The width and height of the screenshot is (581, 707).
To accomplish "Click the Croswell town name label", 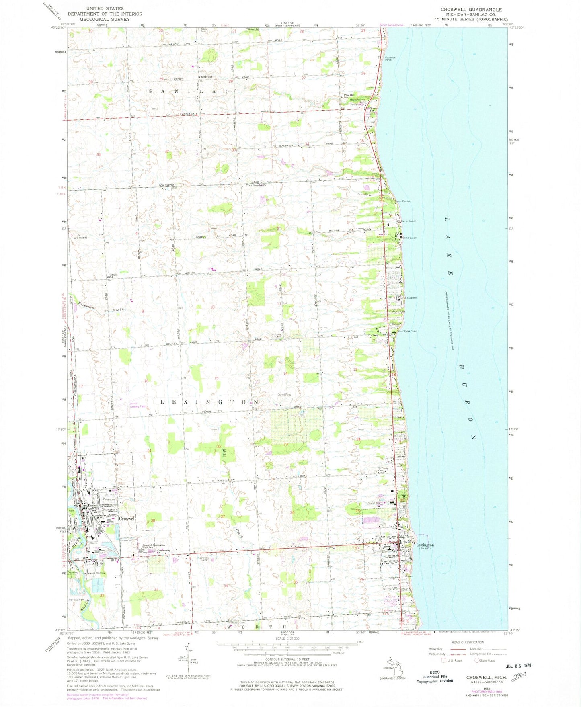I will point(127,518).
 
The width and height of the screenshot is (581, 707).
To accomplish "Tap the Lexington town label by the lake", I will point(425,545).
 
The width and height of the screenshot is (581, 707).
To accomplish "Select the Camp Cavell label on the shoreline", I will point(409,238).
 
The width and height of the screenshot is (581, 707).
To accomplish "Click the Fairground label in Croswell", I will point(110,500).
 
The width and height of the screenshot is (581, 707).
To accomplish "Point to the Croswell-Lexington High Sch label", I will point(148,546).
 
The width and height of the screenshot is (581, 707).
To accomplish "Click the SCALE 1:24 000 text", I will point(287,638).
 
